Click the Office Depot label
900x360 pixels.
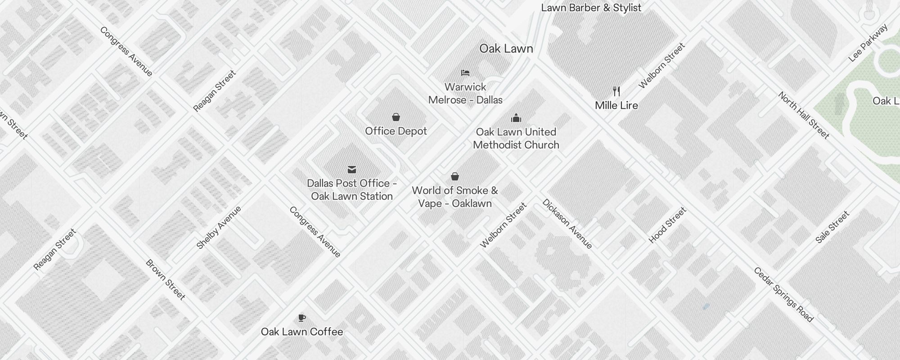[x=396, y=131]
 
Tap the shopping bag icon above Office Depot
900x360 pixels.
[x=396, y=117]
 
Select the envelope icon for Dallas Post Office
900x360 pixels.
[x=352, y=170]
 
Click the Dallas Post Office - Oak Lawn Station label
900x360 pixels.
[x=352, y=189]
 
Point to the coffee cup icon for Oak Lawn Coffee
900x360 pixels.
[x=302, y=318]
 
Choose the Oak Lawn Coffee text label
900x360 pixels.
[x=302, y=332]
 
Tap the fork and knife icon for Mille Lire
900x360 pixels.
[x=616, y=91]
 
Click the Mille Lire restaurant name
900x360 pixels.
[x=616, y=105]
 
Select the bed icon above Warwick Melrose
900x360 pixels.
[x=465, y=73]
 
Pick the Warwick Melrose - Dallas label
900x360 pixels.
[x=465, y=93]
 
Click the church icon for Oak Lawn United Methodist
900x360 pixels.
[x=516, y=118]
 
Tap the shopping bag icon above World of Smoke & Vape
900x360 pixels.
[x=455, y=176]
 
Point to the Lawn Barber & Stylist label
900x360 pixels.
[x=591, y=8]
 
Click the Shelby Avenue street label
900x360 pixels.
[x=219, y=227]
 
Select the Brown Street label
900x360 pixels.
[x=166, y=280]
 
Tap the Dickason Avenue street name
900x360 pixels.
[x=567, y=224]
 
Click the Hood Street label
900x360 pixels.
[x=667, y=225]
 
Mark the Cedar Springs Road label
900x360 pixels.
[x=783, y=295]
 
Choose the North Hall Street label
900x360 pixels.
[x=804, y=115]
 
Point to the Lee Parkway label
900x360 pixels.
[x=868, y=43]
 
